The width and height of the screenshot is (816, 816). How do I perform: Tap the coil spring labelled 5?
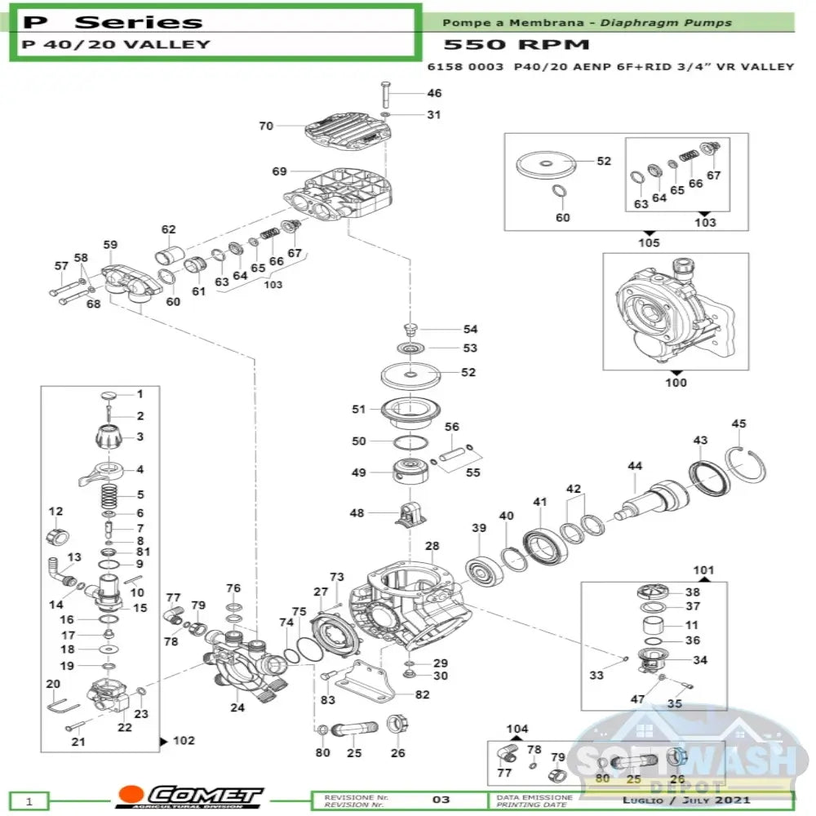109,494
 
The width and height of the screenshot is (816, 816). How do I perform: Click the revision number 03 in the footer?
440,799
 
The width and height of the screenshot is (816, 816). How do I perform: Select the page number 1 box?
29,801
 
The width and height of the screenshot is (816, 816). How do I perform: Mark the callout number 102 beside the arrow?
184,741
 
